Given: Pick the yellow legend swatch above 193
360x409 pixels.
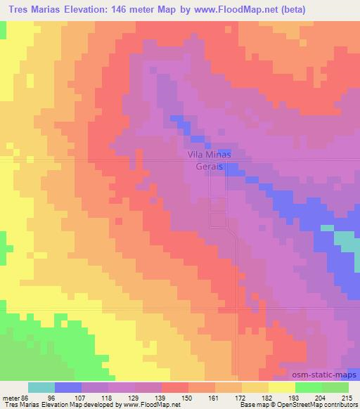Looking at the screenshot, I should [282, 387].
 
